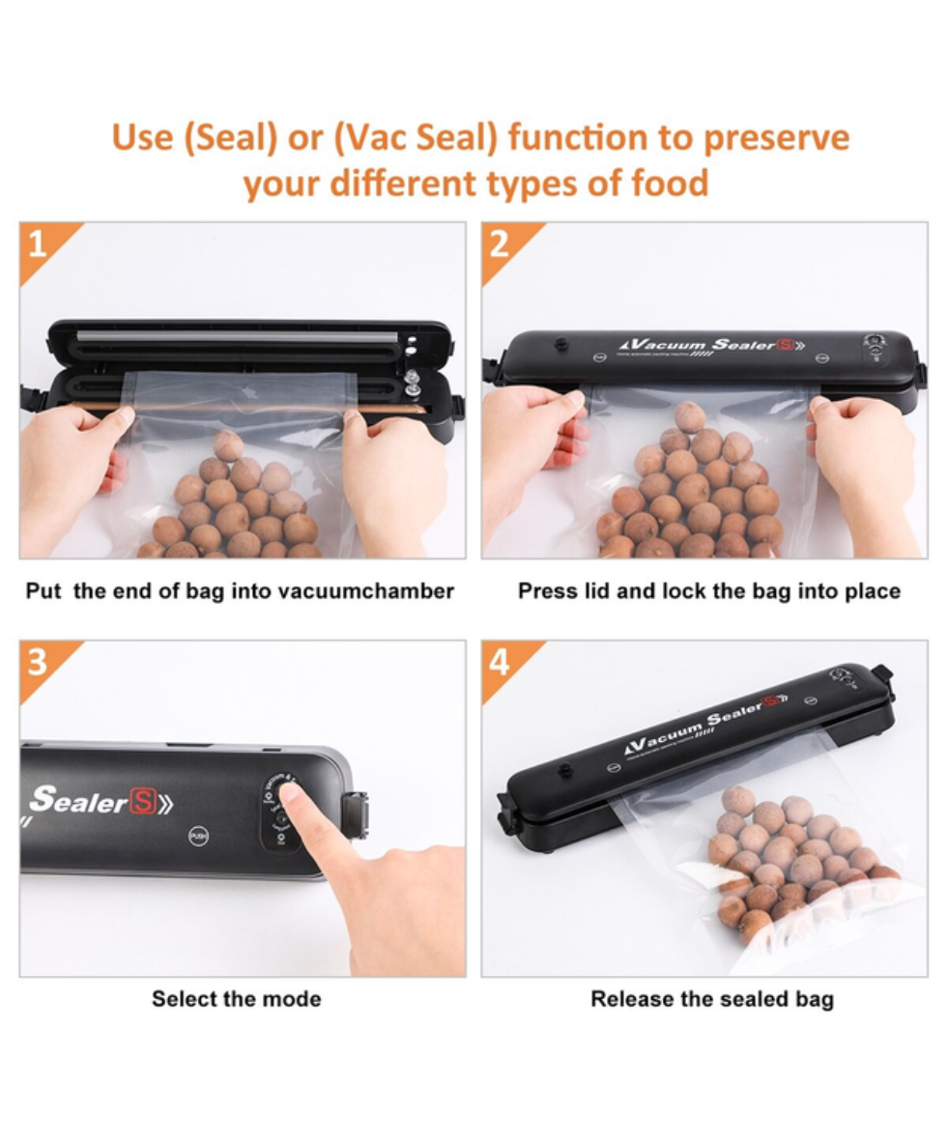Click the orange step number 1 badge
(x=37, y=245)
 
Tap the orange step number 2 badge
(x=499, y=245)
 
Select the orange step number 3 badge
(x=37, y=663)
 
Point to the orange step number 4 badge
(x=499, y=663)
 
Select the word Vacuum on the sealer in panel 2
(x=665, y=344)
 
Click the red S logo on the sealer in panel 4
(x=771, y=702)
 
